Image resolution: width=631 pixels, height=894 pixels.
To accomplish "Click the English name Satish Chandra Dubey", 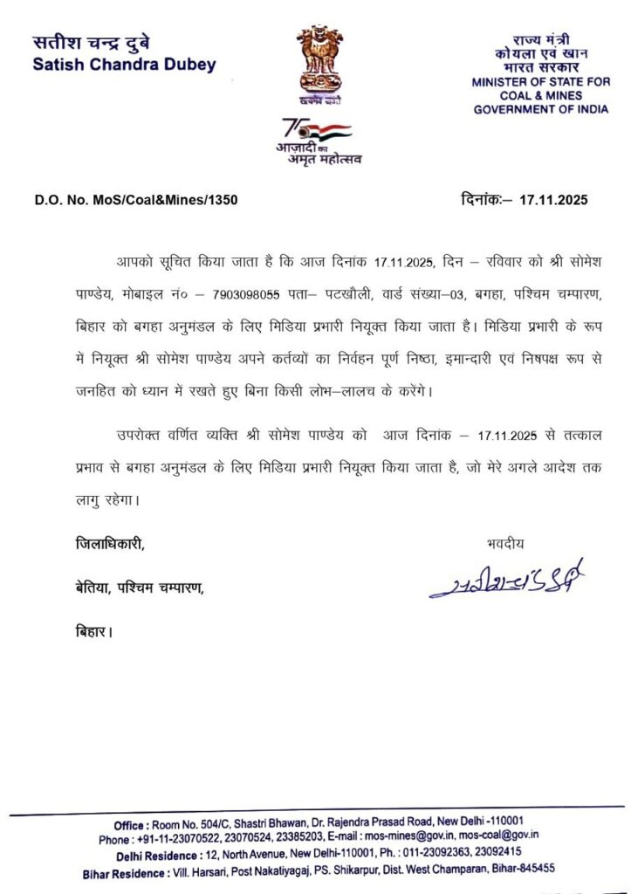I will (124, 65).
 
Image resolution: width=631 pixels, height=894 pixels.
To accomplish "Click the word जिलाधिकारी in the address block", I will (108, 543).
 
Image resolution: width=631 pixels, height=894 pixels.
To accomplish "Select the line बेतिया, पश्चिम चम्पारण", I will (139, 587).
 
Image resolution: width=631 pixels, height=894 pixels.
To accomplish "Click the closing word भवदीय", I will (506, 543).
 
